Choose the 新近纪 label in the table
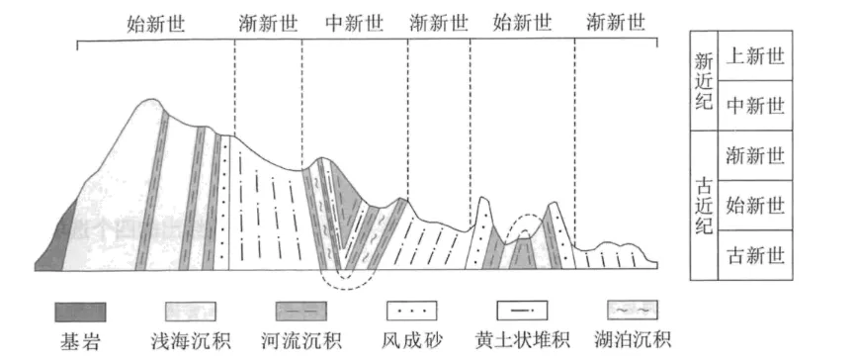click(x=704, y=81)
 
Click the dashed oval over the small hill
click(x=522, y=226)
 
